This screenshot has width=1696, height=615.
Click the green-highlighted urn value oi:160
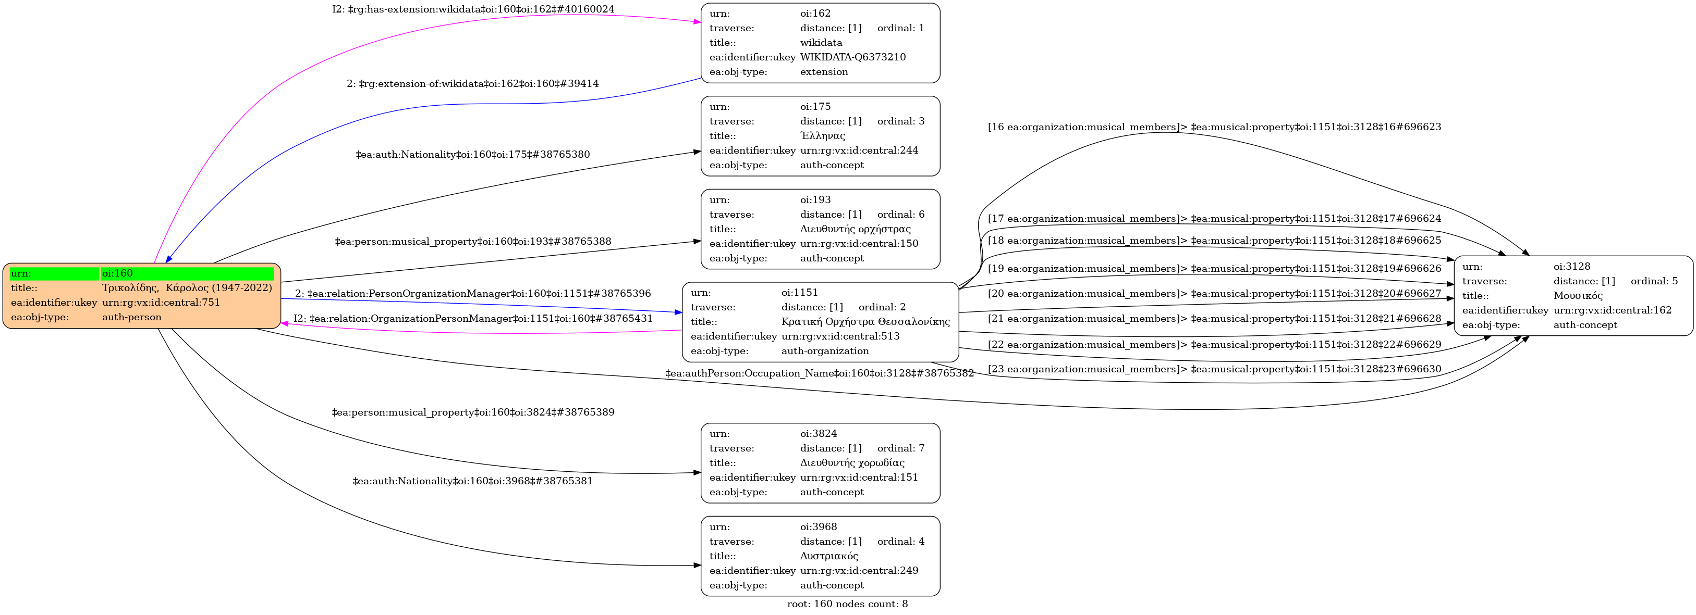tap(118, 273)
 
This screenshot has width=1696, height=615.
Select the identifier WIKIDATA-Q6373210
tap(852, 57)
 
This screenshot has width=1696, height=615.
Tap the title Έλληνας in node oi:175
tap(822, 136)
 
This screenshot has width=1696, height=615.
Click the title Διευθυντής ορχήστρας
tap(855, 230)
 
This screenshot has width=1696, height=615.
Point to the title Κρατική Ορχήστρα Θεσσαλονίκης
tap(865, 322)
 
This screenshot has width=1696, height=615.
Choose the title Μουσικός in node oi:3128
tap(1578, 296)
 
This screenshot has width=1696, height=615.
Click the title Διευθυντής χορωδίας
tap(852, 463)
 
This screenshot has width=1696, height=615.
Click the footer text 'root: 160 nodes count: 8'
tap(847, 605)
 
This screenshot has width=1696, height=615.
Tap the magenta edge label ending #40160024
tap(473, 10)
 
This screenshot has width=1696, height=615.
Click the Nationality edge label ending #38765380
tap(473, 155)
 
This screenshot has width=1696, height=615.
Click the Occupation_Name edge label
tap(820, 373)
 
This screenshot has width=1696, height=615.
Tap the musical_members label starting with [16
tap(1214, 128)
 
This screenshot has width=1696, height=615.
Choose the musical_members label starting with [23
tap(1214, 370)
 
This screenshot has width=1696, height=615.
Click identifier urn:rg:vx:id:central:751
tap(161, 303)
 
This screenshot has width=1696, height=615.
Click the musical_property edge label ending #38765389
tap(473, 413)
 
